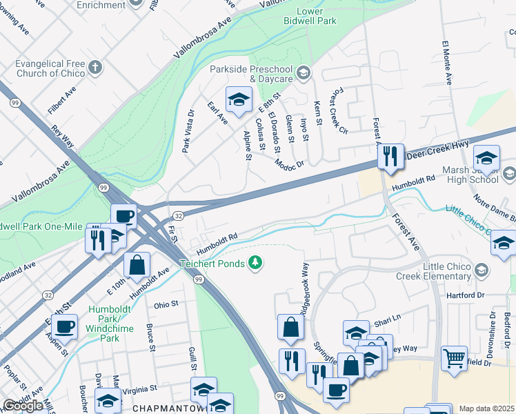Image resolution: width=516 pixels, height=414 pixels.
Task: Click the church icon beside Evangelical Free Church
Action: click(x=95, y=68)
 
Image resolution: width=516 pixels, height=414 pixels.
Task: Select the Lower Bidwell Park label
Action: click(x=315, y=17)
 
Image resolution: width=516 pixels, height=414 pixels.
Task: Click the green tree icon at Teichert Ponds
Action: click(x=255, y=262)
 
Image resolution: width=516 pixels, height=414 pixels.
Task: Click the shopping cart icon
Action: click(x=453, y=357)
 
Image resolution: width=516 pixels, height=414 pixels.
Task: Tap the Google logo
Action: click(x=23, y=406)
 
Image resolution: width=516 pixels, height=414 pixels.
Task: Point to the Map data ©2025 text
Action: click(x=486, y=408)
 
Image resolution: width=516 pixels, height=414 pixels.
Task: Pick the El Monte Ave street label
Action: click(x=446, y=63)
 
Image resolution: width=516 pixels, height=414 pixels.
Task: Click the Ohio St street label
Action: click(x=166, y=304)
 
